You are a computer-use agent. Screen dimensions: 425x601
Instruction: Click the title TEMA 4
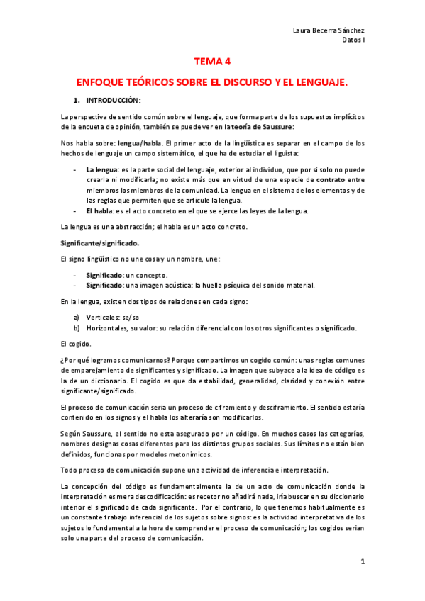click(x=213, y=61)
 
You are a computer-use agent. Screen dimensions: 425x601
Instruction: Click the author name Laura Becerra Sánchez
click(x=328, y=30)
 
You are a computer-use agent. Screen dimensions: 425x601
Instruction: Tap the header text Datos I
click(x=352, y=40)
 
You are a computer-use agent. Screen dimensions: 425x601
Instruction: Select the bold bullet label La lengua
click(x=101, y=171)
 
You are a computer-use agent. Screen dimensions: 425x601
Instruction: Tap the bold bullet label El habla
click(x=99, y=210)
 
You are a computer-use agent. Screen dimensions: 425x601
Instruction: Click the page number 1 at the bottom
click(x=362, y=562)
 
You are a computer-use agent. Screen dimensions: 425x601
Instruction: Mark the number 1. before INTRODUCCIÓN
click(x=77, y=100)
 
